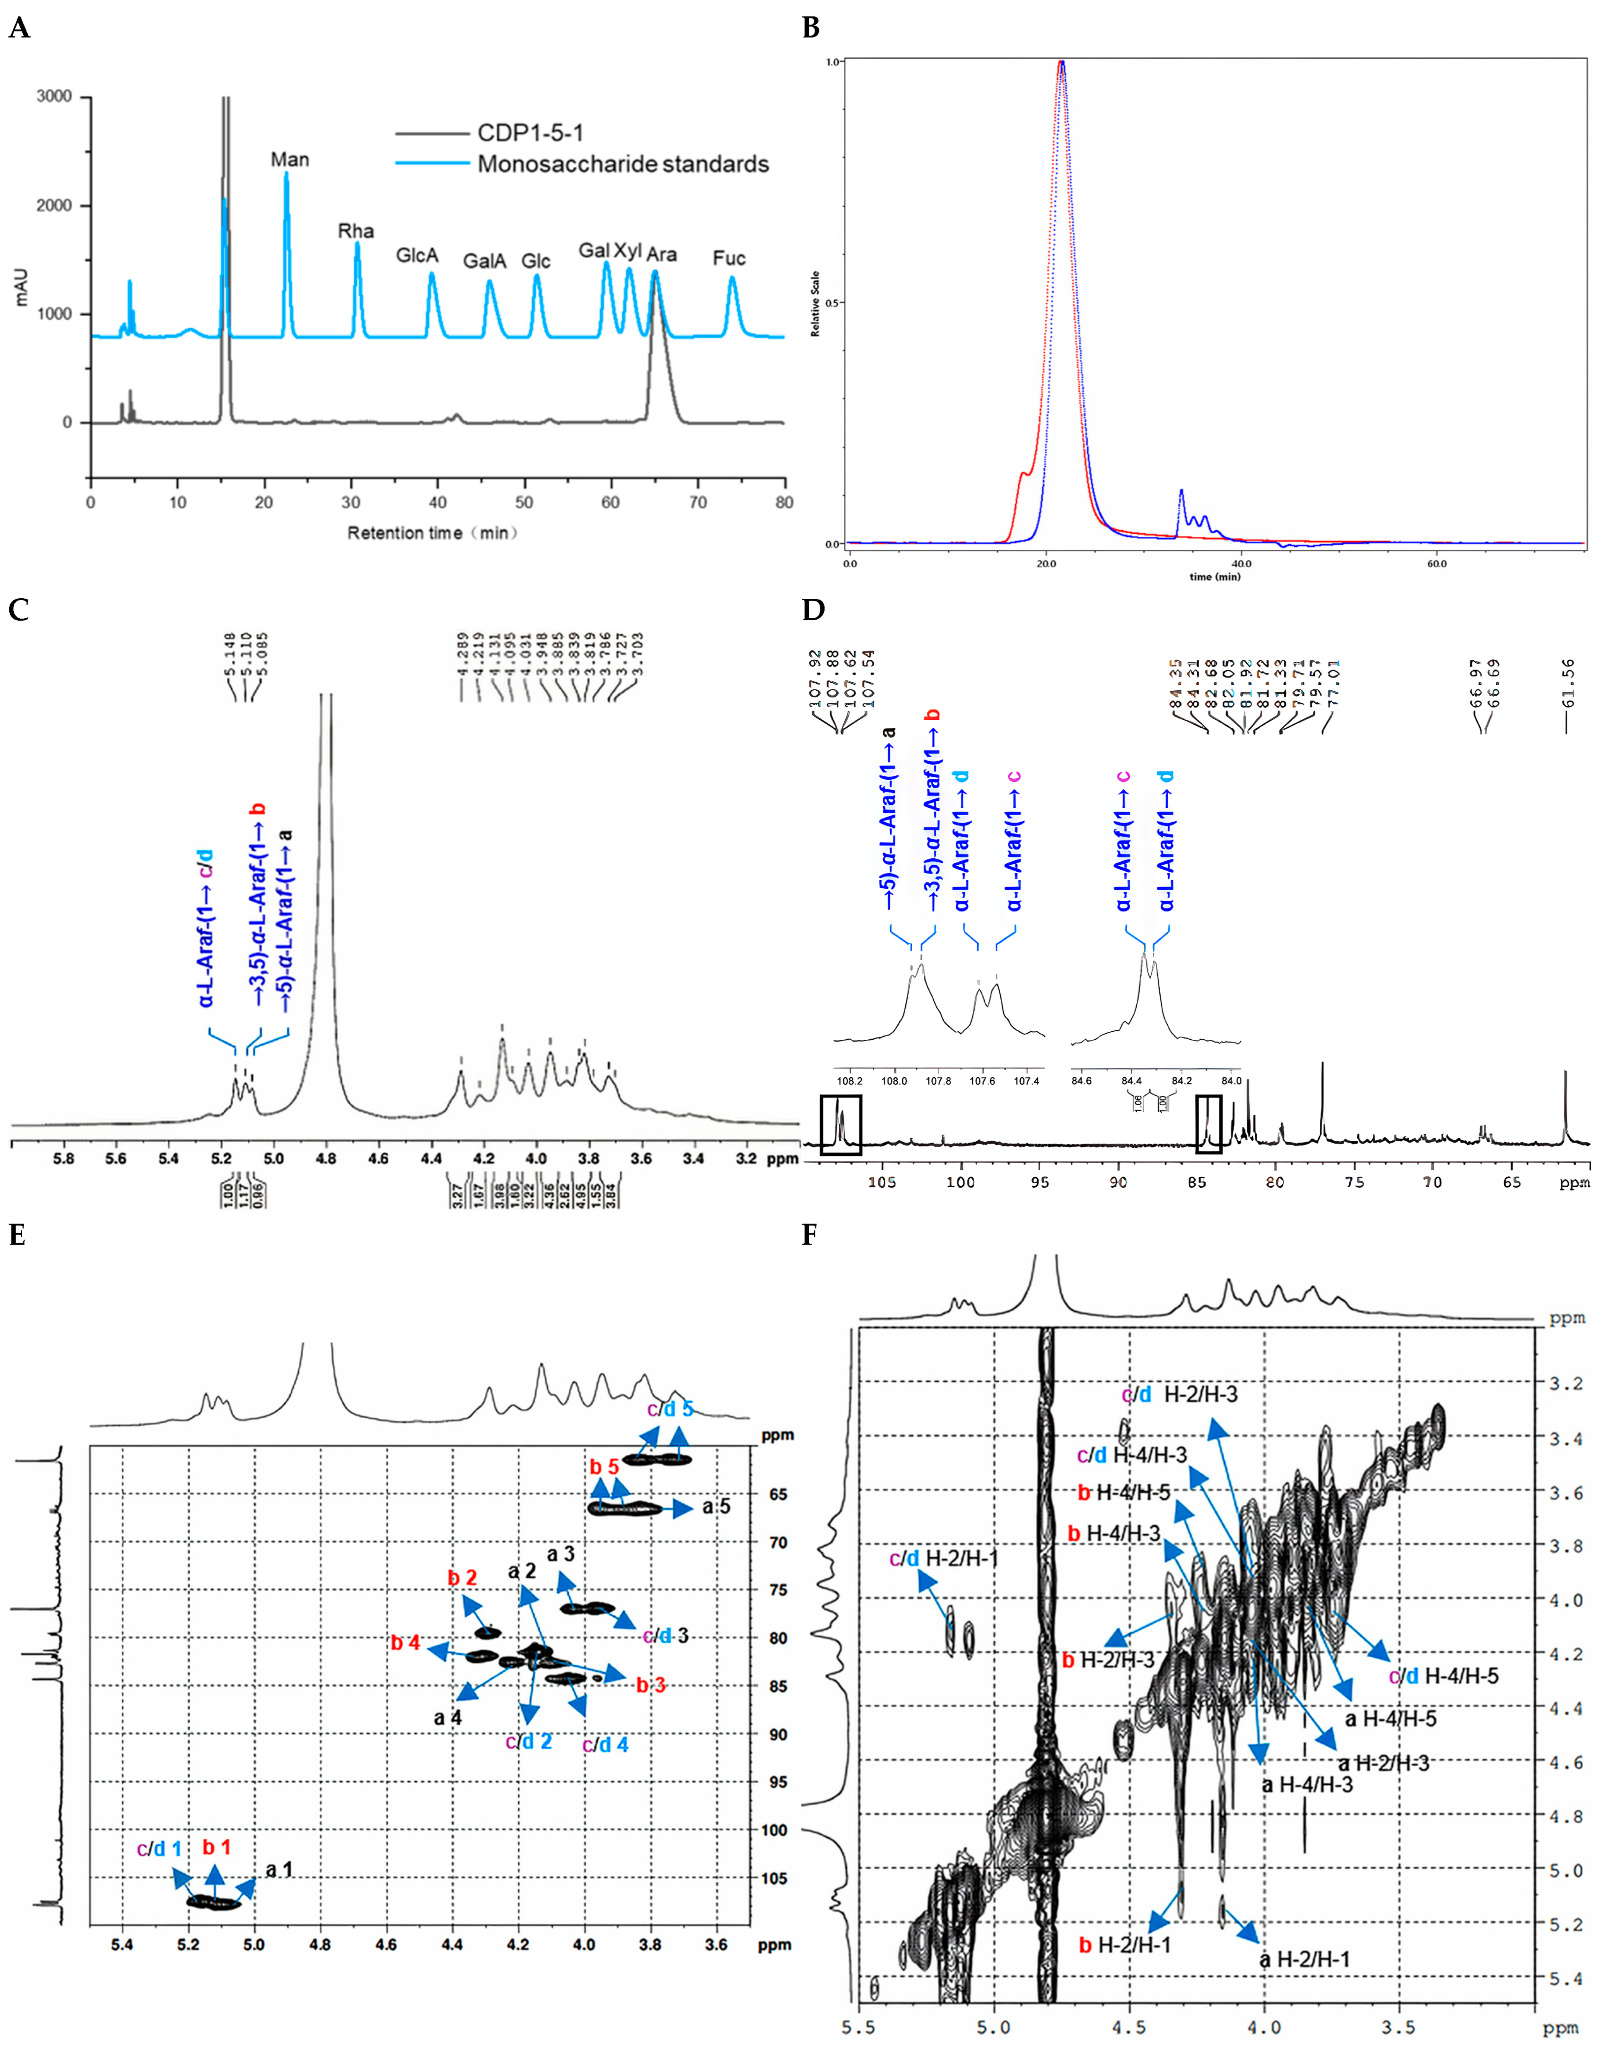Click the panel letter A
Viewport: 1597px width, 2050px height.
19,28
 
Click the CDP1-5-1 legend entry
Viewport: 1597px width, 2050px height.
530,133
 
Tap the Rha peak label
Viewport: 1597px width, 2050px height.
356,231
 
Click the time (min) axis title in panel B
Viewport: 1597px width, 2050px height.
1215,576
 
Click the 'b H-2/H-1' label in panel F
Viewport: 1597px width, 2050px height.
1124,1945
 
